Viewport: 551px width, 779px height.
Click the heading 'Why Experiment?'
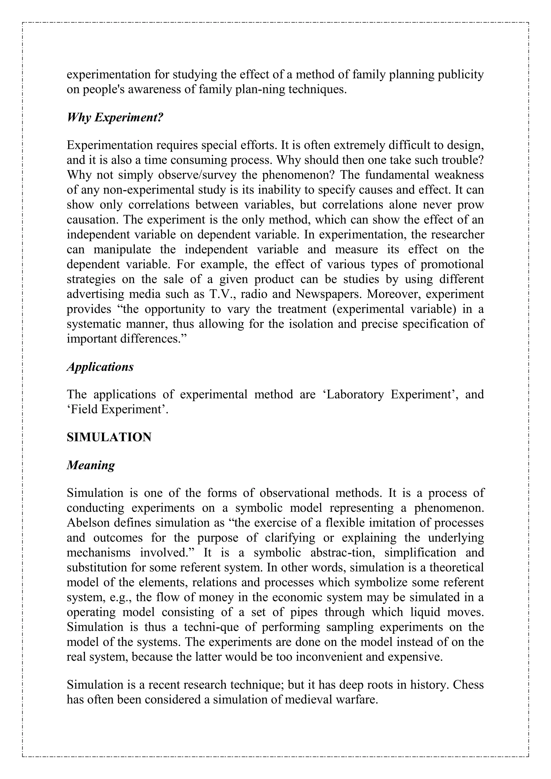(115, 118)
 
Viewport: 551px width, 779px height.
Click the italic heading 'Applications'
(100, 367)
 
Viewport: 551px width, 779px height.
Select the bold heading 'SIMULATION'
(109, 437)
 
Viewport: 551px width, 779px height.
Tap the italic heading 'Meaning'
(91, 465)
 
